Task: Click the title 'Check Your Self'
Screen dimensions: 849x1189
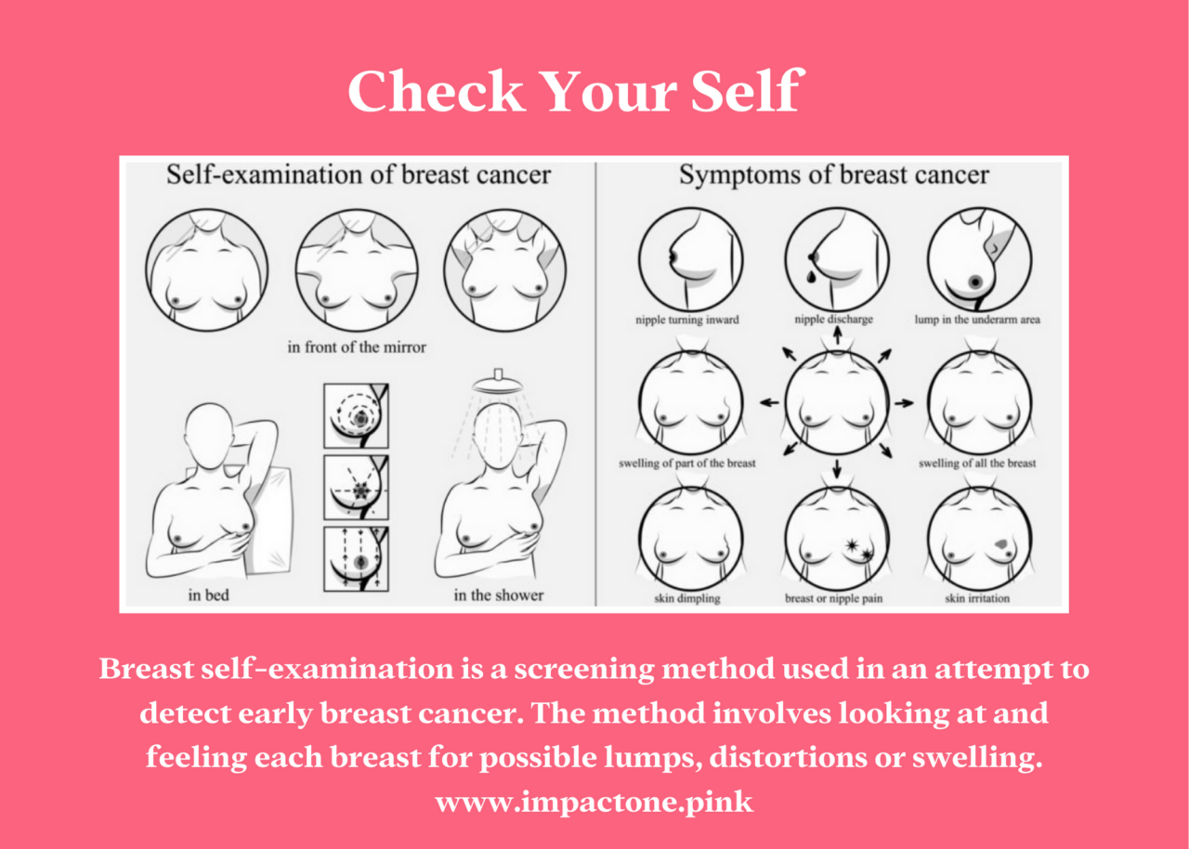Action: [x=573, y=91]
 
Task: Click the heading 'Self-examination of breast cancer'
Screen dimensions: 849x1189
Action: [x=359, y=175]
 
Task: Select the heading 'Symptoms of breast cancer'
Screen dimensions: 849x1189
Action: [x=833, y=175]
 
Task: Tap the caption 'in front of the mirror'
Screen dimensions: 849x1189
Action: [x=357, y=347]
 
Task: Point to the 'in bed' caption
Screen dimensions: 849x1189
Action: [x=208, y=594]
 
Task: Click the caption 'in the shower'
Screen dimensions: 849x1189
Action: [x=498, y=594]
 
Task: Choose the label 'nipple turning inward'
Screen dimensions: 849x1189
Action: [x=688, y=320]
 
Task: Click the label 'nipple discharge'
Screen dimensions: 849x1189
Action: [x=833, y=320]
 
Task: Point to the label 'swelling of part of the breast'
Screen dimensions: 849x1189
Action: [x=687, y=463]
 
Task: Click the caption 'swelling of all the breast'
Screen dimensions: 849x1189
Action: [x=977, y=463]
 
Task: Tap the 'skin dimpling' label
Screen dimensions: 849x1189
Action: [x=688, y=599]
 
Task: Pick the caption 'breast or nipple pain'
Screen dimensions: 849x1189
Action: [x=834, y=599]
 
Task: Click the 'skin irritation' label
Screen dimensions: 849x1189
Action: [x=977, y=599]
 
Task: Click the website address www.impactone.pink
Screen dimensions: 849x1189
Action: [x=594, y=802]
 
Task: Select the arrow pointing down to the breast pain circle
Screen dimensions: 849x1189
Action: [x=837, y=469]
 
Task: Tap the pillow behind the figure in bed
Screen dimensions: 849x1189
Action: [x=269, y=520]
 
